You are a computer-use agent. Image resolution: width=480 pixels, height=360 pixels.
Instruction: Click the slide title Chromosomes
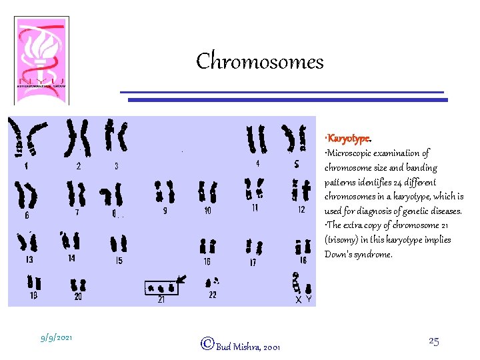click(259, 61)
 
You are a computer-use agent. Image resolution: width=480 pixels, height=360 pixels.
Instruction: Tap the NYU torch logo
click(41, 59)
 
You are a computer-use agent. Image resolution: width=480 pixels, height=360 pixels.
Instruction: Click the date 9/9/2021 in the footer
click(57, 338)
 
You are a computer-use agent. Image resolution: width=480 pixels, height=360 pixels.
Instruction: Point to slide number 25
click(433, 341)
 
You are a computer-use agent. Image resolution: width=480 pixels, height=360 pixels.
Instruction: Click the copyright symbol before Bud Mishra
click(207, 344)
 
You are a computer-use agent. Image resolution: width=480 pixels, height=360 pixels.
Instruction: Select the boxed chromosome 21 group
click(161, 288)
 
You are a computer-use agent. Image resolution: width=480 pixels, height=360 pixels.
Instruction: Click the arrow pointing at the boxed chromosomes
click(181, 279)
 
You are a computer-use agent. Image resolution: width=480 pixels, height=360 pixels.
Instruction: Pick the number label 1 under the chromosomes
click(25, 167)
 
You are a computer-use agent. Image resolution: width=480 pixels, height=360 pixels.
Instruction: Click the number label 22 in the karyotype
click(212, 295)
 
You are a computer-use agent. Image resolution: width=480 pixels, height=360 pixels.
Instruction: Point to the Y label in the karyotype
click(309, 300)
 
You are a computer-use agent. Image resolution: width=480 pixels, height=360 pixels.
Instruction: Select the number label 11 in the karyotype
click(255, 209)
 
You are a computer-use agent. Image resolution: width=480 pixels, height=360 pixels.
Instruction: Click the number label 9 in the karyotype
click(164, 211)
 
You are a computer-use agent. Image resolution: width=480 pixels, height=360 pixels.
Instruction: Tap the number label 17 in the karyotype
click(253, 263)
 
